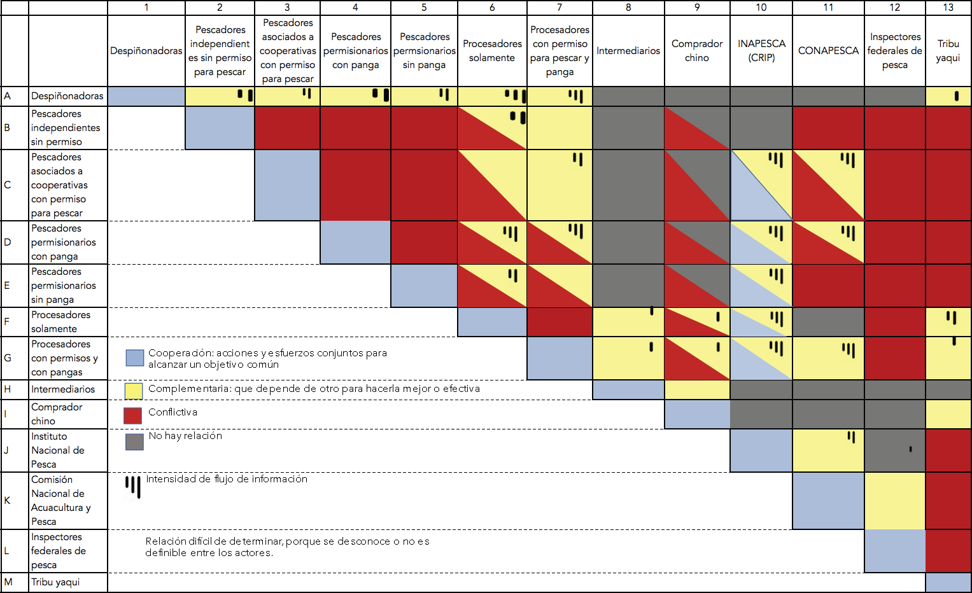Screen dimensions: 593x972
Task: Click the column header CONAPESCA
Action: [x=828, y=51]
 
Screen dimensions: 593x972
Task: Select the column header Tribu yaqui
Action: [x=948, y=51]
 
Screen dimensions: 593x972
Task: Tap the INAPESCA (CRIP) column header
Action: [x=761, y=51]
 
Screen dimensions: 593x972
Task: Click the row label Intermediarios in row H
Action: [x=63, y=389]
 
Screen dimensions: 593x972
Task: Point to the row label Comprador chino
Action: [x=57, y=414]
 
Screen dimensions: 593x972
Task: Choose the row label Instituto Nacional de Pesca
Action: [x=58, y=450]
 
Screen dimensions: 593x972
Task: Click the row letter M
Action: [x=8, y=582]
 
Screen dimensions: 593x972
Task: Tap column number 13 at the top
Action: [x=948, y=8]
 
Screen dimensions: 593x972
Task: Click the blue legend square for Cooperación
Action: [x=135, y=358]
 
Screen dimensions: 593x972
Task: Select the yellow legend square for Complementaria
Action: [x=134, y=390]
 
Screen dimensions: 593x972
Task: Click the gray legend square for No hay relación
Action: [x=134, y=442]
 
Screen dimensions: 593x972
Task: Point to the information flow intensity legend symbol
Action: [x=133, y=487]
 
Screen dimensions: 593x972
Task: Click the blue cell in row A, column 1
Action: [x=146, y=97]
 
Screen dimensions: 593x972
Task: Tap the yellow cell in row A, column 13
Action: [x=948, y=97]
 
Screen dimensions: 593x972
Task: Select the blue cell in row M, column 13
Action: [x=948, y=582]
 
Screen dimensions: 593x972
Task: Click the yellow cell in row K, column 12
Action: [x=894, y=501]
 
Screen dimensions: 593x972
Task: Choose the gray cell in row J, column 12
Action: [x=894, y=450]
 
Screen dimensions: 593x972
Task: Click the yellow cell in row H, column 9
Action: [x=697, y=389]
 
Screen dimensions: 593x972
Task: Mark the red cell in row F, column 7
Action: [x=560, y=322]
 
